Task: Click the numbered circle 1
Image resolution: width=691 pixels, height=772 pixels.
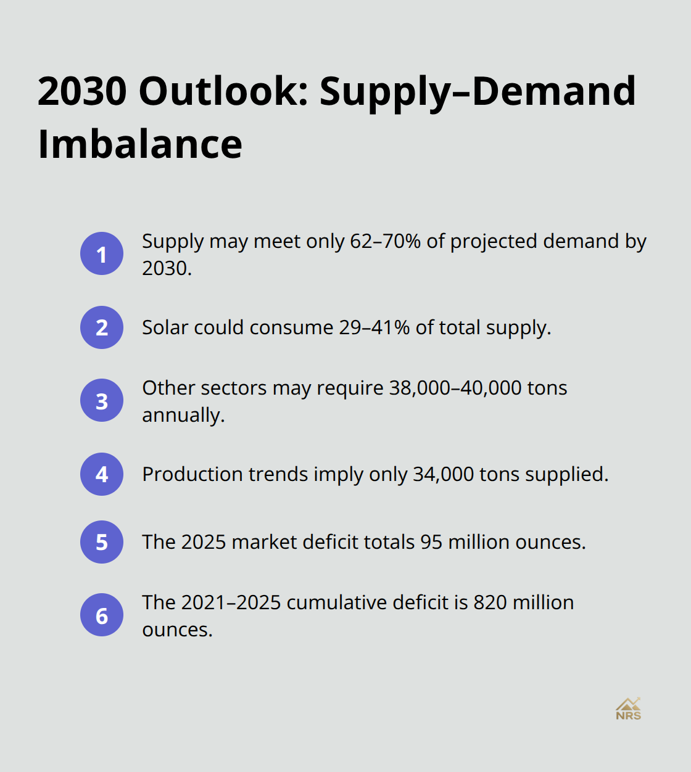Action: point(102,254)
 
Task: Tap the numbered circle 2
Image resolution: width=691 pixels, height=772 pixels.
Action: point(102,327)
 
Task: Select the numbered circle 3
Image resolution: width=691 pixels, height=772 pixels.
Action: point(102,401)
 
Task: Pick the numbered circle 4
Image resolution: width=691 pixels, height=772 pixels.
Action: point(102,474)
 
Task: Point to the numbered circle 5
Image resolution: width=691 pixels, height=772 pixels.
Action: point(102,542)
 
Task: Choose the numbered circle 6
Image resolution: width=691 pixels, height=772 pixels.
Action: point(102,615)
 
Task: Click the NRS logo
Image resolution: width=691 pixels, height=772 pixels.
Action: point(628,709)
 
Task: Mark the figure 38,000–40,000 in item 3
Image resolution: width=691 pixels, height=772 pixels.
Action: point(455,388)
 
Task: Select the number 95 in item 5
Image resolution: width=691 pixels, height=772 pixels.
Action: point(431,542)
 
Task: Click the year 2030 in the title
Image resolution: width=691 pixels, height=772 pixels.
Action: point(82,91)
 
